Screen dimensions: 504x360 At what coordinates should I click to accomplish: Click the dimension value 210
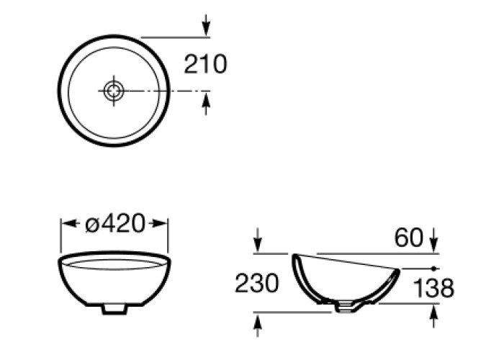pyautogui.click(x=205, y=64)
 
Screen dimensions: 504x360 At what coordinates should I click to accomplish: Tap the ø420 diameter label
pyautogui.click(x=115, y=223)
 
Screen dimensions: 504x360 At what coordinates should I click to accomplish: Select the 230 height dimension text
pyautogui.click(x=257, y=283)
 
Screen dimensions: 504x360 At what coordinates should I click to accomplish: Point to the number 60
pyautogui.click(x=408, y=238)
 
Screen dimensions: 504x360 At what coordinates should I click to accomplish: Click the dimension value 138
pyautogui.click(x=433, y=288)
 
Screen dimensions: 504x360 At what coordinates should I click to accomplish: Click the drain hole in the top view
pyautogui.click(x=114, y=91)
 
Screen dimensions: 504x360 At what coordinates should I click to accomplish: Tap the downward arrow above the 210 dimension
pyautogui.click(x=206, y=25)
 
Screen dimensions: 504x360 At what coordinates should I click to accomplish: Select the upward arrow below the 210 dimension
pyautogui.click(x=206, y=103)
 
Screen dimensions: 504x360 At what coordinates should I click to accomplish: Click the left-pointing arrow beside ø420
pyautogui.click(x=69, y=223)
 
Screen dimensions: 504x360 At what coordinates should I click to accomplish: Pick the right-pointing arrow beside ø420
pyautogui.click(x=159, y=223)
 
